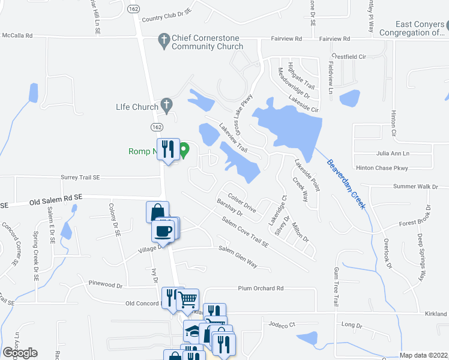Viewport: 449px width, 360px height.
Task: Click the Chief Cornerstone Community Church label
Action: point(207,42)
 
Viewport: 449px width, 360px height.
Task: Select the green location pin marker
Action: point(185,149)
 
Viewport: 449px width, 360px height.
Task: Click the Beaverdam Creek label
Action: point(346,184)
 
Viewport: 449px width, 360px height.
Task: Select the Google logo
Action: point(20,353)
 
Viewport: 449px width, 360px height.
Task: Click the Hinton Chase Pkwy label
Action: point(381,168)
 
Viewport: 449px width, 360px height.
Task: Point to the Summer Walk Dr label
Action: point(415,187)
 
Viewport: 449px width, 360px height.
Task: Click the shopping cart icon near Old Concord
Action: point(188,298)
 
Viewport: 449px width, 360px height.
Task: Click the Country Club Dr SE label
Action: point(166,15)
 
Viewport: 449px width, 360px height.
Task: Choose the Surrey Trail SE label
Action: point(80,178)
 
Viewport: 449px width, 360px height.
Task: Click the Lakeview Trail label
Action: point(233,136)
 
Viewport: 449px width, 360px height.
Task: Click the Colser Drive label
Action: point(242,205)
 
